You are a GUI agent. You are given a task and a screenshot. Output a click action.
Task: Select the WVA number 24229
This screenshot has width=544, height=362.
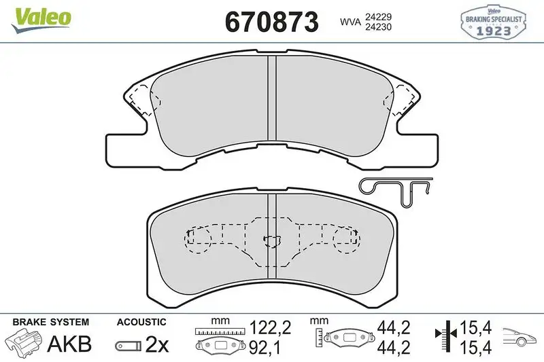tap(378, 16)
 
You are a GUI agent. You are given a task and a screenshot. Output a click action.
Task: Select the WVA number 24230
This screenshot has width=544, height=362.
tap(378, 28)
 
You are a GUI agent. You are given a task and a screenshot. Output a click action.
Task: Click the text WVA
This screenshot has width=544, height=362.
tap(350, 22)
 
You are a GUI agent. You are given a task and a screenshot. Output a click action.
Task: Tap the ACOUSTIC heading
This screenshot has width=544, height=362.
tap(141, 323)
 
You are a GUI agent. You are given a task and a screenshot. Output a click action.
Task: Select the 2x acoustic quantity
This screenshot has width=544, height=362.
tap(157, 345)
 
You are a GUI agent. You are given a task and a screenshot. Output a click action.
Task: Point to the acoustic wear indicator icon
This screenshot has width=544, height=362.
tap(127, 346)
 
